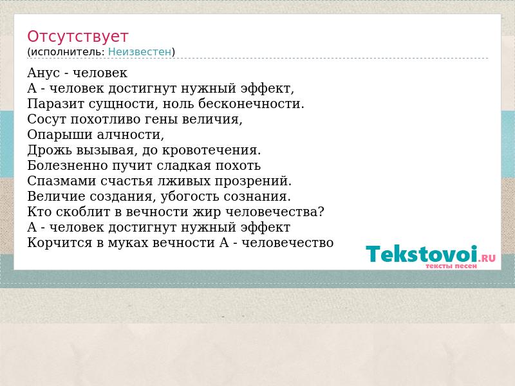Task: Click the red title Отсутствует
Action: [x=77, y=37]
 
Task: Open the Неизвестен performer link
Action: [x=140, y=52]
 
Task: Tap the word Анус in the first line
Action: [x=43, y=73]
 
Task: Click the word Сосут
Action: [x=46, y=119]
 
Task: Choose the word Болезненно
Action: [x=68, y=165]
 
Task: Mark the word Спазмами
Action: [x=62, y=181]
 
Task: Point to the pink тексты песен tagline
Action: [x=451, y=266]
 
